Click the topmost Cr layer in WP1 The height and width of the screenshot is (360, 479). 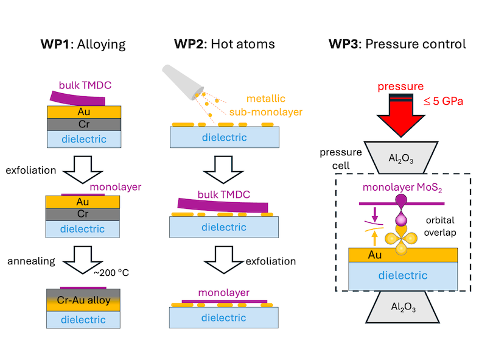click(85, 124)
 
